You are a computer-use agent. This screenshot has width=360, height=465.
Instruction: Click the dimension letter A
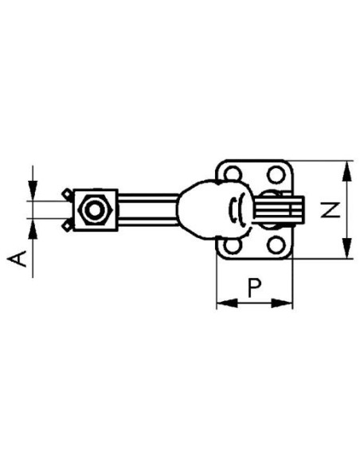pyautogui.click(x=18, y=258)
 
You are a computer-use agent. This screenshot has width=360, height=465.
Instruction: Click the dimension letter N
pyautogui.click(x=330, y=210)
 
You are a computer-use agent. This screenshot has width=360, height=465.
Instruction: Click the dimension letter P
pyautogui.click(x=254, y=287)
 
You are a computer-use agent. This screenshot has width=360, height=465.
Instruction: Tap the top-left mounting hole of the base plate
pyautogui.click(x=233, y=174)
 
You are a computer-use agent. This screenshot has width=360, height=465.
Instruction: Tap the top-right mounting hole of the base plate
pyautogui.click(x=276, y=174)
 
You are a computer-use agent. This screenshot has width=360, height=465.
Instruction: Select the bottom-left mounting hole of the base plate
pyautogui.click(x=233, y=246)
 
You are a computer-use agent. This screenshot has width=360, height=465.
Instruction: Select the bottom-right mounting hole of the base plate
pyautogui.click(x=276, y=245)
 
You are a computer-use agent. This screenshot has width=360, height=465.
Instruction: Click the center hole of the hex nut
pyautogui.click(x=94, y=210)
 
